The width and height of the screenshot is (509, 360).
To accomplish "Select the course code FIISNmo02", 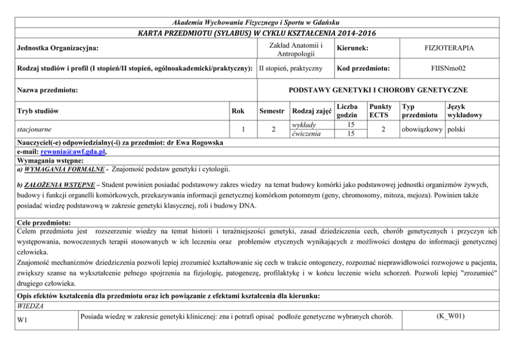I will click(x=449, y=68).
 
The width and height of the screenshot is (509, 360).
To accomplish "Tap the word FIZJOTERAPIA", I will click(x=449, y=48).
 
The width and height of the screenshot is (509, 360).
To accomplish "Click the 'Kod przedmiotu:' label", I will click(x=363, y=68).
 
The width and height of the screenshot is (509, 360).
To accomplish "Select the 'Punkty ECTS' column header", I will click(x=380, y=110).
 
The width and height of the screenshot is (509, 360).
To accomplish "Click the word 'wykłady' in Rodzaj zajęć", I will click(x=303, y=125).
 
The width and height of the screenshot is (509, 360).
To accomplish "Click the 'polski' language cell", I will click(x=456, y=129).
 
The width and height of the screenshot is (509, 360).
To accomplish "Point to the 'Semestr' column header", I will click(x=272, y=111).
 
